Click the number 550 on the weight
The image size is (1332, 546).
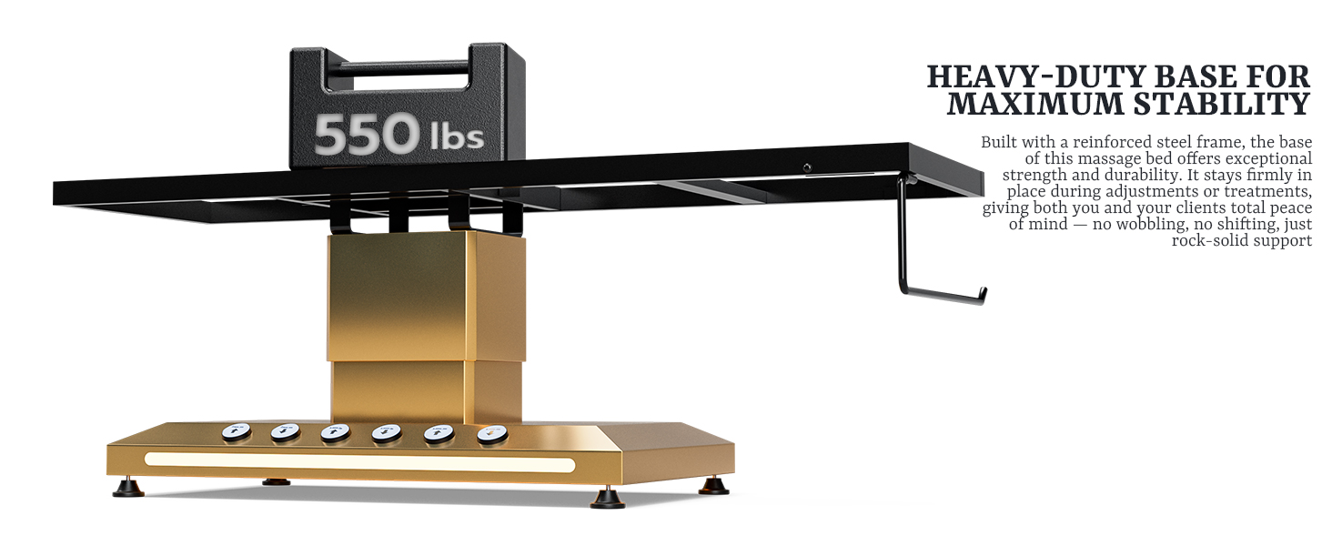point(367,134)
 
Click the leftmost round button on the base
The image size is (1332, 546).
point(236,432)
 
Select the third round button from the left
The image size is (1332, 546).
point(336,433)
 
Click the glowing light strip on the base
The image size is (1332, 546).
point(359,462)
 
